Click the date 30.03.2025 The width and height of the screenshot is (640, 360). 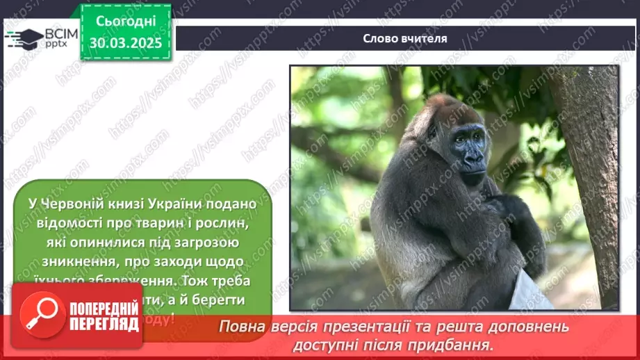pos(125,43)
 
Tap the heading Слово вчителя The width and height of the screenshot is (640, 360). pos(405,38)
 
